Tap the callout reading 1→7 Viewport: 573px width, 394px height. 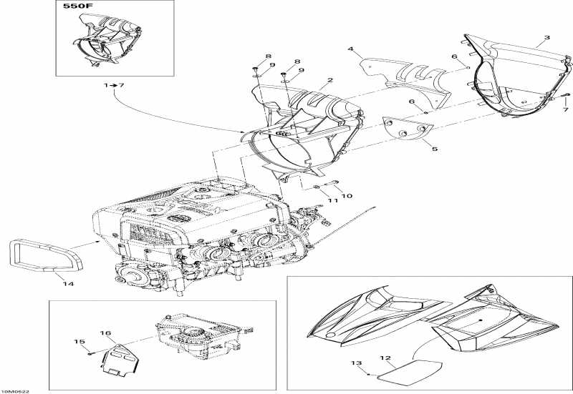tap(114, 85)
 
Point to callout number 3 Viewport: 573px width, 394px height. tap(350, 49)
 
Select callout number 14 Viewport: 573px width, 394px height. tap(69, 284)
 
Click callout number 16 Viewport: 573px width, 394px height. tap(105, 333)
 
